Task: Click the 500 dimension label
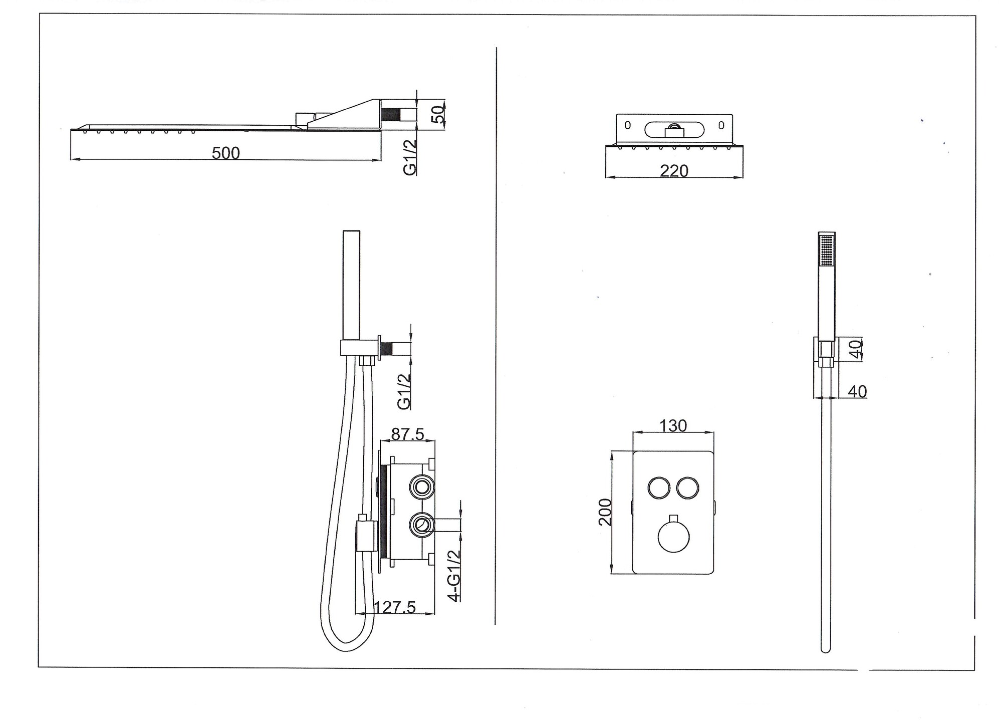click(225, 153)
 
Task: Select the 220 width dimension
click(674, 171)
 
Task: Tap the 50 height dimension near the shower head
click(438, 115)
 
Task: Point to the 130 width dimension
click(673, 425)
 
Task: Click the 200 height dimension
click(605, 512)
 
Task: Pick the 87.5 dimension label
click(408, 434)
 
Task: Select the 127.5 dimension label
click(395, 607)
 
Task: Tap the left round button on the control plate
click(657, 488)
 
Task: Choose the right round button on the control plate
click(687, 488)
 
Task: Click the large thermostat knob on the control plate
click(673, 537)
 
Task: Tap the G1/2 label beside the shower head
click(410, 157)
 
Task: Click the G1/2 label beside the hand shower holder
click(404, 392)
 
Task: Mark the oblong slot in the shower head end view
click(674, 130)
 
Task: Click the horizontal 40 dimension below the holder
click(857, 391)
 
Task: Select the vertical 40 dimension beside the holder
click(856, 349)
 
